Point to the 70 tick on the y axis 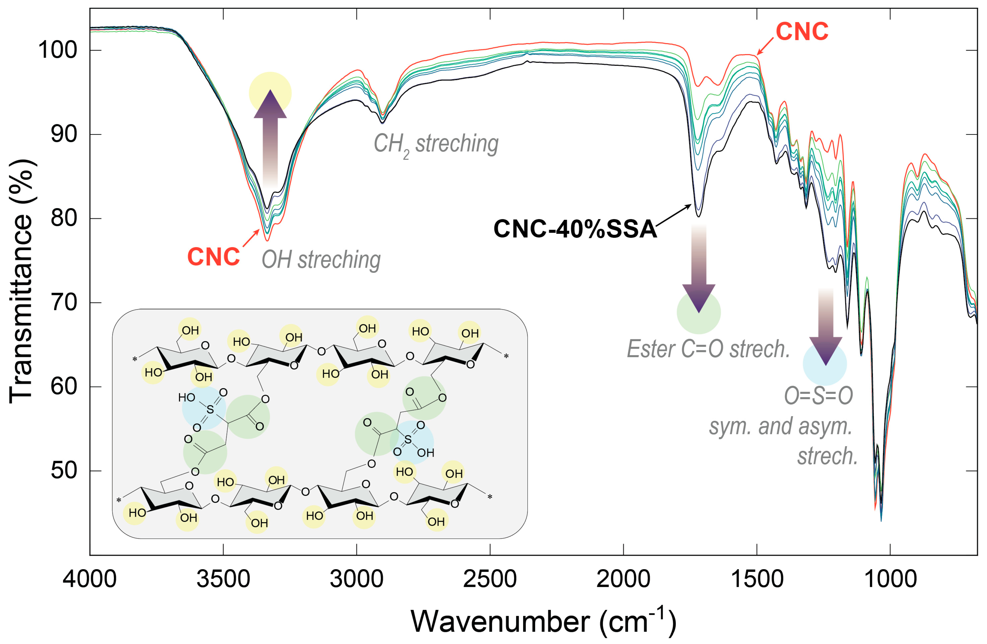click(x=64, y=303)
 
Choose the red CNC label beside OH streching click(x=214, y=257)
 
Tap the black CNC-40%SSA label click(x=575, y=229)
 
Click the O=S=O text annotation click(x=818, y=396)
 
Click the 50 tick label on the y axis click(x=64, y=471)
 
